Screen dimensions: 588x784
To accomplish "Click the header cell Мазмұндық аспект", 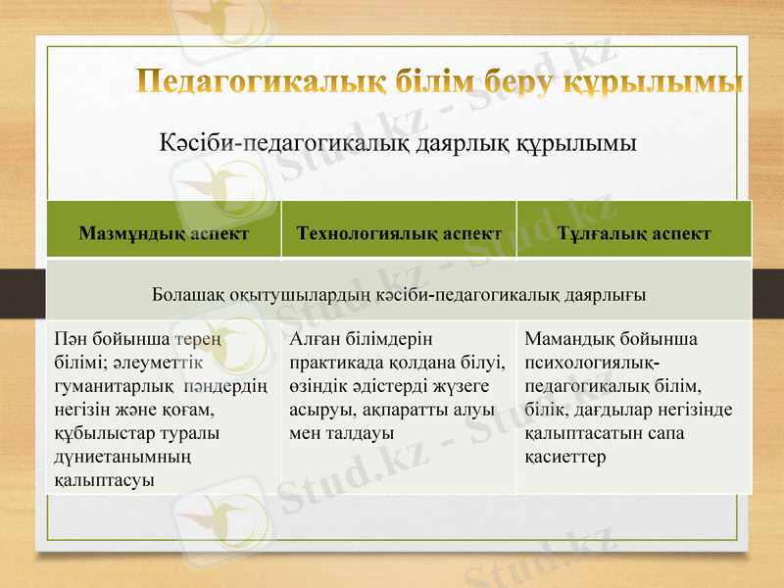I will click(x=164, y=234).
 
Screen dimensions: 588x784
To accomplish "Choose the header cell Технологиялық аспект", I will click(x=399, y=234).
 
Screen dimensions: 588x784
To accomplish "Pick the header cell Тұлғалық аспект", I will click(x=633, y=234).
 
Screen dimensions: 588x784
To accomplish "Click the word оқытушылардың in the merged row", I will click(x=277, y=294).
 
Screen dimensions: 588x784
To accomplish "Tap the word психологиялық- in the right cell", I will click(x=588, y=363).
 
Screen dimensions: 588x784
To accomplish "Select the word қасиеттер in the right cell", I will click(x=565, y=456).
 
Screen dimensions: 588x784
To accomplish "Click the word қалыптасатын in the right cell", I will click(x=582, y=432).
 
